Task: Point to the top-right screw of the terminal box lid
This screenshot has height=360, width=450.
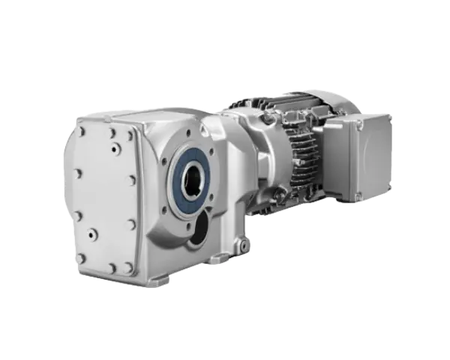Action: tap(388, 118)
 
